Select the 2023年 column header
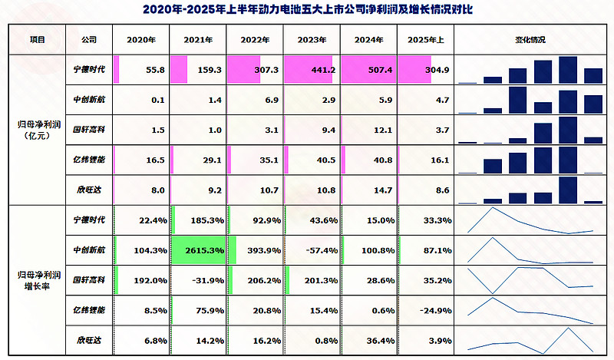coord(311,39)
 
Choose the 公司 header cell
coord(87,39)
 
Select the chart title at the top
coord(307,11)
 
